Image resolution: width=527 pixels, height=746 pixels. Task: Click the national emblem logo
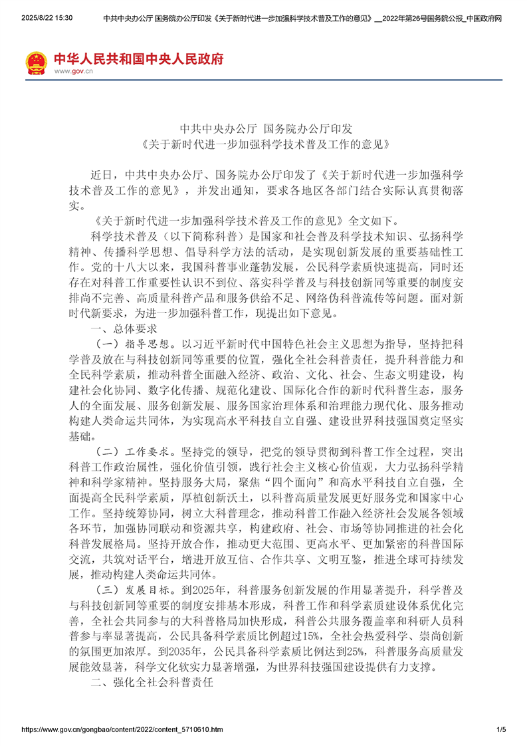37,62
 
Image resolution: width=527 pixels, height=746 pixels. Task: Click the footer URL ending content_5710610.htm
122,730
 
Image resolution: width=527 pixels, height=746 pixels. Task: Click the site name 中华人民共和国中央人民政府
138,59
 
